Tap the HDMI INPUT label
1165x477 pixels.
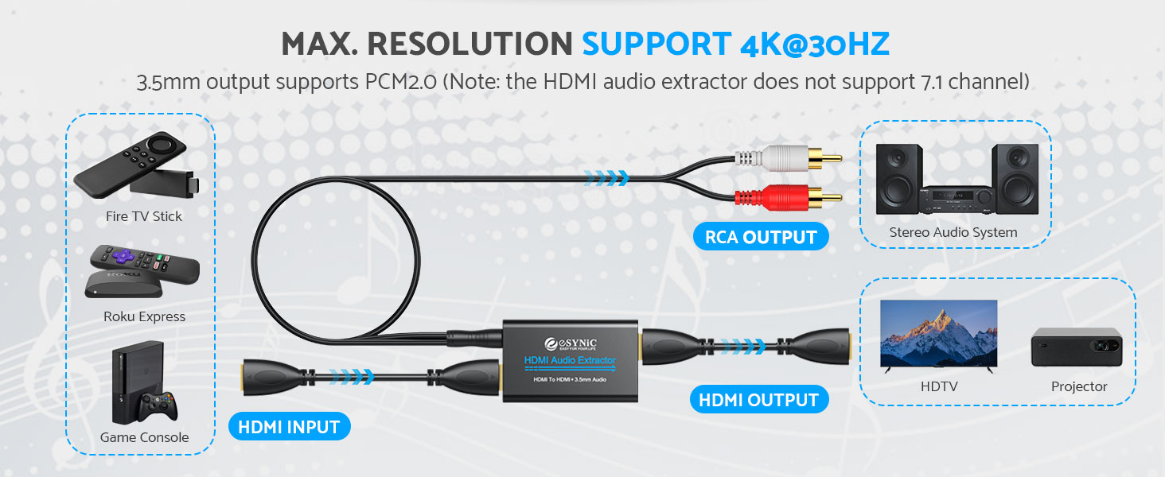(x=289, y=427)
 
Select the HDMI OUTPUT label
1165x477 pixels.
(x=758, y=400)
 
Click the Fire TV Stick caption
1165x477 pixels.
(x=144, y=216)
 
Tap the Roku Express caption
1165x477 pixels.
(x=144, y=316)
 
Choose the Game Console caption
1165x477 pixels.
(x=144, y=437)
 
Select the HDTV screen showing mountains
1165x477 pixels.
(x=938, y=333)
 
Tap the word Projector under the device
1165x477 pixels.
(x=1079, y=386)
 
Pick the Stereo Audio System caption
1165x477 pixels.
(x=953, y=232)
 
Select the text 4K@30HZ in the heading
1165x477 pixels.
(x=814, y=45)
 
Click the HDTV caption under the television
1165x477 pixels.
(x=938, y=386)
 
